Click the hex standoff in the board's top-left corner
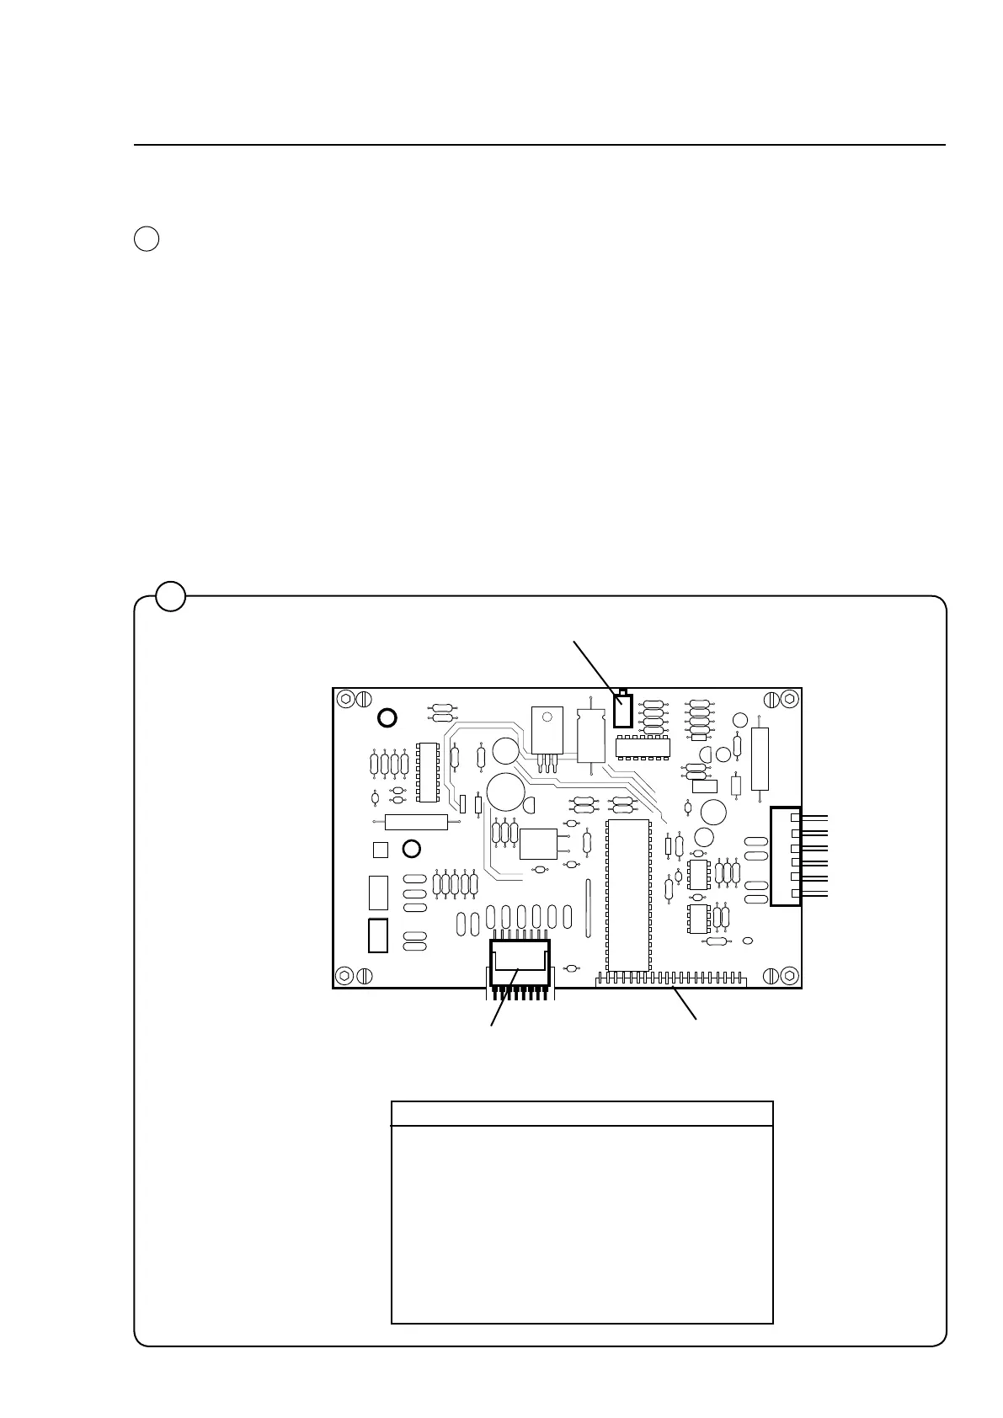point(344,699)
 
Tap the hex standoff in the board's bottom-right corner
point(789,975)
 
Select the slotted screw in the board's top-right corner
point(771,699)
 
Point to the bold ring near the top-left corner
point(386,717)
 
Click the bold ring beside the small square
point(411,848)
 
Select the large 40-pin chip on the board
point(628,894)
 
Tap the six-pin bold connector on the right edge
point(786,856)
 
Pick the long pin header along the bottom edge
point(670,980)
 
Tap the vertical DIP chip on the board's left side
point(428,771)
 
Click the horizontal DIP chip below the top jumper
point(643,746)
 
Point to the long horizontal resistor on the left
point(416,822)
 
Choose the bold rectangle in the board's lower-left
point(378,935)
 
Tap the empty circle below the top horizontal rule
point(146,238)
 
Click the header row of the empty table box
point(582,1113)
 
